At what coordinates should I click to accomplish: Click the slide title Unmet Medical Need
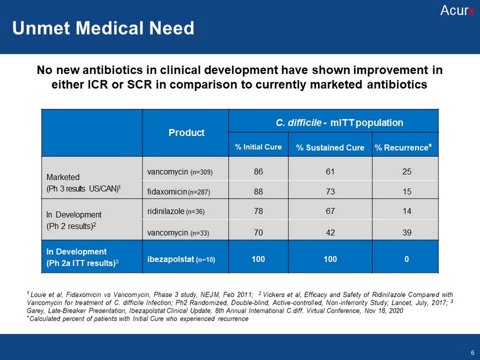(x=103, y=28)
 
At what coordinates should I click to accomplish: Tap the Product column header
(x=186, y=133)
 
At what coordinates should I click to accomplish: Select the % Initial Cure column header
(x=258, y=147)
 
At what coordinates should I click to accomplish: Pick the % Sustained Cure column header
(x=330, y=148)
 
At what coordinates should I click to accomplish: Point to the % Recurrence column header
(x=405, y=147)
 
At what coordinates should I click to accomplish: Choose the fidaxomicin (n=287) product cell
(x=178, y=192)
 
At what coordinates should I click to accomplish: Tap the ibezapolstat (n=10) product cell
(x=181, y=260)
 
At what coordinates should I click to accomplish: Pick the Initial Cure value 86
(x=258, y=172)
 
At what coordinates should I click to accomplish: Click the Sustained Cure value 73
(x=330, y=192)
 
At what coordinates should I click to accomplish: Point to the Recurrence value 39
(x=405, y=232)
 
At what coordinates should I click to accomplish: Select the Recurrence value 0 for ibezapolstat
(x=405, y=260)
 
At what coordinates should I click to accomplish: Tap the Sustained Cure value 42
(x=330, y=232)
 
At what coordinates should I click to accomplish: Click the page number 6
(x=472, y=353)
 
